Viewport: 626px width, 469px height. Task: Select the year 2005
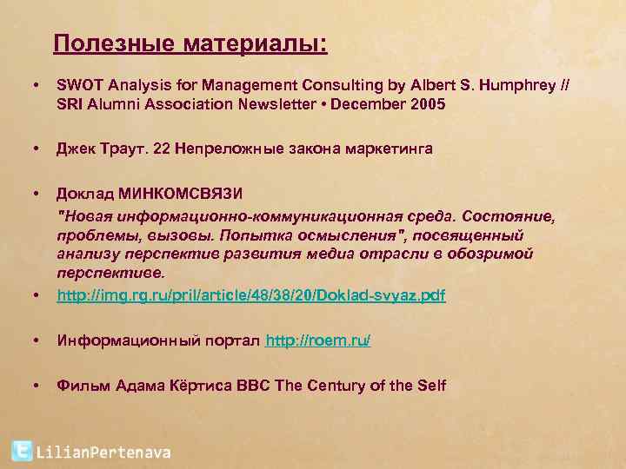(426, 104)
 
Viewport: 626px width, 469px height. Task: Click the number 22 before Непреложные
(161, 149)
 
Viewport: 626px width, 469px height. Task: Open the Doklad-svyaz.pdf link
(250, 295)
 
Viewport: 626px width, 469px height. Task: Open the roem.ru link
(318, 340)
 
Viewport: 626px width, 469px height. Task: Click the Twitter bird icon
(22, 451)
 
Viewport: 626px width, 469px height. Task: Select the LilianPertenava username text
(103, 452)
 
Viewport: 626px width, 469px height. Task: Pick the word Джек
(74, 149)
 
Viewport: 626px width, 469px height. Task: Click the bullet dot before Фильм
(35, 385)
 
